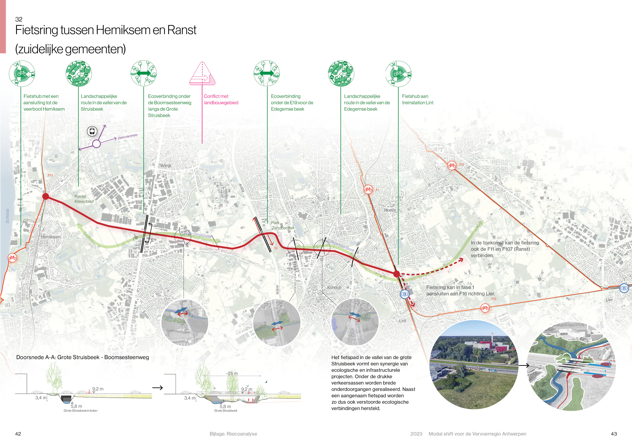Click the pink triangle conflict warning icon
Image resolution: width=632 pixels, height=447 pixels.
coord(202,74)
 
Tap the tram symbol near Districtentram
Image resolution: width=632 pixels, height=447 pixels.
coord(92,131)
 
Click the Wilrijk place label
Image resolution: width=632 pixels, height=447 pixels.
coord(166,166)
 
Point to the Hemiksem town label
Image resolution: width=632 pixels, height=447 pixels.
coord(51,237)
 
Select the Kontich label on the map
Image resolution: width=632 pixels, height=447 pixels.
coord(334,287)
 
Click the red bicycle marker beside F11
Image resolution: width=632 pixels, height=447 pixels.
coord(452,165)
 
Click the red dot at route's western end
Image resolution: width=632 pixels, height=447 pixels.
coord(46,196)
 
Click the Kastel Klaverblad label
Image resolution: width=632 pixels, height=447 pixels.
coord(84,199)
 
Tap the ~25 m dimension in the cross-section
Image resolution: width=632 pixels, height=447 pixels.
coord(232,373)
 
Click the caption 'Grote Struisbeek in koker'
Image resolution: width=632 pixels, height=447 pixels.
coord(80,411)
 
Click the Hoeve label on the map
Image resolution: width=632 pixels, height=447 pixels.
coord(390,210)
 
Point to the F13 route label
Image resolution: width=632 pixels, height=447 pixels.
coord(50,175)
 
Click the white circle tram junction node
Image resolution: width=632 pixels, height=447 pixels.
coord(96,144)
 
